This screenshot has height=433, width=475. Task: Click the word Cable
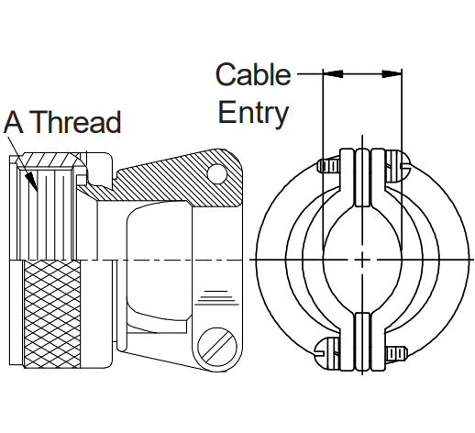tap(253, 74)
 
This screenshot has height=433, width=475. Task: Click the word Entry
tap(253, 112)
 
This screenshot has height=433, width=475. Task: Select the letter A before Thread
tap(14, 122)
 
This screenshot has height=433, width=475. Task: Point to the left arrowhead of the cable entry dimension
tap(333, 73)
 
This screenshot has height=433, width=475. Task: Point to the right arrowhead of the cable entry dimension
tap(392, 73)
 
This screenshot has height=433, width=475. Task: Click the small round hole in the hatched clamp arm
tap(217, 174)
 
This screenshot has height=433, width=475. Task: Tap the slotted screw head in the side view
tap(217, 347)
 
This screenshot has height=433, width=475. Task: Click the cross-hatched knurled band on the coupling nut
tap(52, 314)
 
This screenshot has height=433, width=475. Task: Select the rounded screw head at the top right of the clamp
tap(398, 165)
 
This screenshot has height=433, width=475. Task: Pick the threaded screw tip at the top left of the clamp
tap(329, 166)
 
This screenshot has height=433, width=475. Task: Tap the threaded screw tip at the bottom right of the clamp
tap(396, 353)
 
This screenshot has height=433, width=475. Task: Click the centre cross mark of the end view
tap(362, 260)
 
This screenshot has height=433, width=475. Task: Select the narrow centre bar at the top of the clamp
tap(362, 177)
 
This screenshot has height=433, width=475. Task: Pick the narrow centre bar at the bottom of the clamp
tap(362, 341)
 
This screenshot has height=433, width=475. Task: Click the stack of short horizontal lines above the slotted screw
tap(217, 298)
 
